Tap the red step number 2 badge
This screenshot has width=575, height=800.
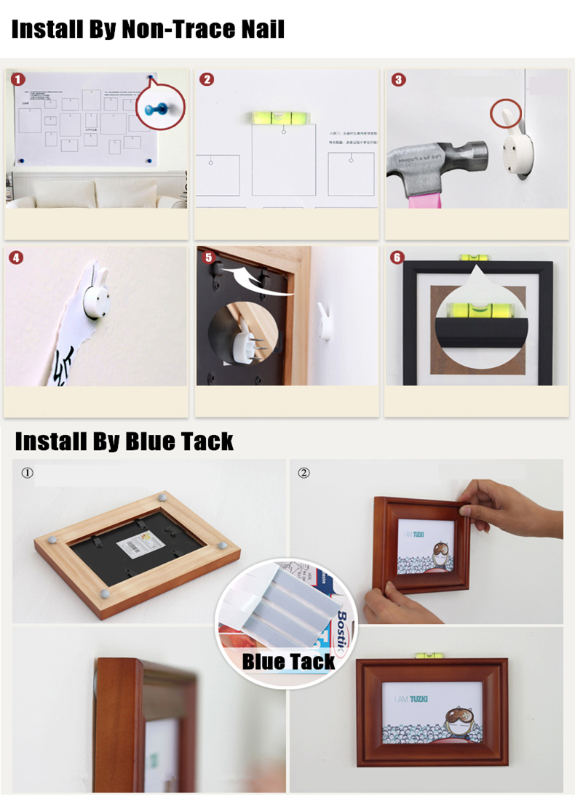[x=207, y=79]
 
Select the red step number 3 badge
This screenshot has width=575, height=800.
[x=398, y=79]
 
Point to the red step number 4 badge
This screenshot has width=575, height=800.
[x=17, y=257]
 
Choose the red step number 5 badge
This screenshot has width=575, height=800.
[x=208, y=257]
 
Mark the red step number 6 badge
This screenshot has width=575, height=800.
[x=397, y=257]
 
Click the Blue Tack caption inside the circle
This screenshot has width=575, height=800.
[x=288, y=661]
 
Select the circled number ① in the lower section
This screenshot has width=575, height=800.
[x=28, y=473]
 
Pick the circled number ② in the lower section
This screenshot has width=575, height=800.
[x=304, y=473]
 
